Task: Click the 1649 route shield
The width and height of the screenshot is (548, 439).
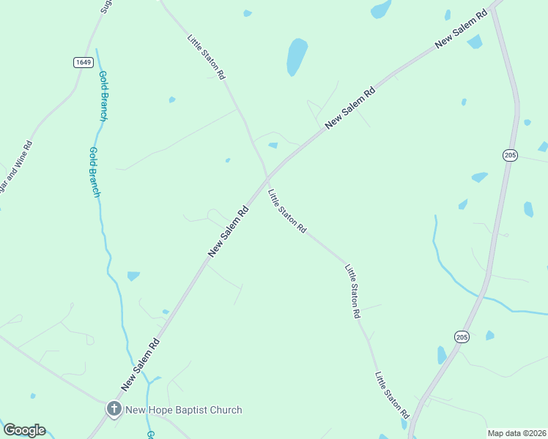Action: [83, 62]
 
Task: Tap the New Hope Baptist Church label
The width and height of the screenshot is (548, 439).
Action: [183, 410]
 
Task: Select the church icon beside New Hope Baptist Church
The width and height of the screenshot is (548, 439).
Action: [114, 409]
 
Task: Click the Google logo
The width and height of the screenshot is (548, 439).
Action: [24, 430]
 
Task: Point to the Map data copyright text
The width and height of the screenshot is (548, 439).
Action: [517, 433]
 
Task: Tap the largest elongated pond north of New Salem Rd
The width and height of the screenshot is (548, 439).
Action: [297, 57]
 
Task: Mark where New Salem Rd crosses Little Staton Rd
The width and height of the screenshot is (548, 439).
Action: [267, 178]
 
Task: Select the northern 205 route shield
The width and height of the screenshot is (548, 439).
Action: [511, 154]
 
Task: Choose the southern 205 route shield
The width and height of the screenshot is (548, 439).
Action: [461, 337]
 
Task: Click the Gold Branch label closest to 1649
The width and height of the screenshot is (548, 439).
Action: [103, 96]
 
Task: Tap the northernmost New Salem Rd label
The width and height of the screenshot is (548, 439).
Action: [461, 30]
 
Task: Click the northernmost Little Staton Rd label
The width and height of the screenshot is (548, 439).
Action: [207, 57]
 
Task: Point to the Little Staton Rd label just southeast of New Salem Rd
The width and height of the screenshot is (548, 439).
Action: [286, 211]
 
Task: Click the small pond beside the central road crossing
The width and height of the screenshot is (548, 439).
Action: [273, 145]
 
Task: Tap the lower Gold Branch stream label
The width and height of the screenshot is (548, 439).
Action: [94, 173]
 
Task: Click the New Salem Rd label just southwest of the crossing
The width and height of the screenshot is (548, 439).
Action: [229, 230]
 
